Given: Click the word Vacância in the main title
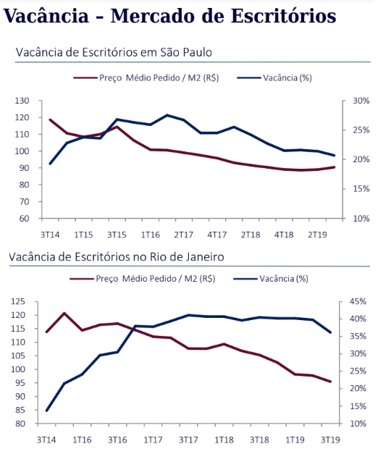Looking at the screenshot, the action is click(x=46, y=15).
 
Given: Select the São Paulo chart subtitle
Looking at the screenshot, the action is click(x=114, y=52).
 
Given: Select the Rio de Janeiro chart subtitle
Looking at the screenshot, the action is click(x=116, y=256).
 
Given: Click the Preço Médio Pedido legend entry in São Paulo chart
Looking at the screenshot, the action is click(x=146, y=78).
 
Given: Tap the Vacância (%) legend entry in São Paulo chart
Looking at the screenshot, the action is click(x=274, y=78).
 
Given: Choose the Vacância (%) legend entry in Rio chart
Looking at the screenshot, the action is click(x=271, y=279).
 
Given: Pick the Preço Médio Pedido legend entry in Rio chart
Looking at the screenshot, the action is click(x=143, y=279).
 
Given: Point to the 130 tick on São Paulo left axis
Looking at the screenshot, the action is click(x=22, y=101).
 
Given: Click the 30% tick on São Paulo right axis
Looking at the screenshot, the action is click(x=361, y=101).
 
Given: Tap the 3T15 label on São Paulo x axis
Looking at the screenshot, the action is click(x=117, y=235).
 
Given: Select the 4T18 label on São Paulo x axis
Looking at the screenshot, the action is click(x=284, y=235).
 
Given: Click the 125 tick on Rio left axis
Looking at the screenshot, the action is click(x=18, y=301).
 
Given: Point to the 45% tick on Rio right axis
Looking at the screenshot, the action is click(x=358, y=301).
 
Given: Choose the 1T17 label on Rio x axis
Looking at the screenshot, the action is click(x=153, y=440).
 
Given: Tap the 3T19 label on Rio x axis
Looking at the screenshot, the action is click(x=330, y=440).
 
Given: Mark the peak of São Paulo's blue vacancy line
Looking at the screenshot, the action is click(x=167, y=115).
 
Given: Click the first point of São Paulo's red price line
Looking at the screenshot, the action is click(x=50, y=119).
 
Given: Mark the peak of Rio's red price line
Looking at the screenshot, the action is click(x=64, y=314).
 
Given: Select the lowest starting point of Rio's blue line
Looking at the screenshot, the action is click(x=46, y=411).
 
